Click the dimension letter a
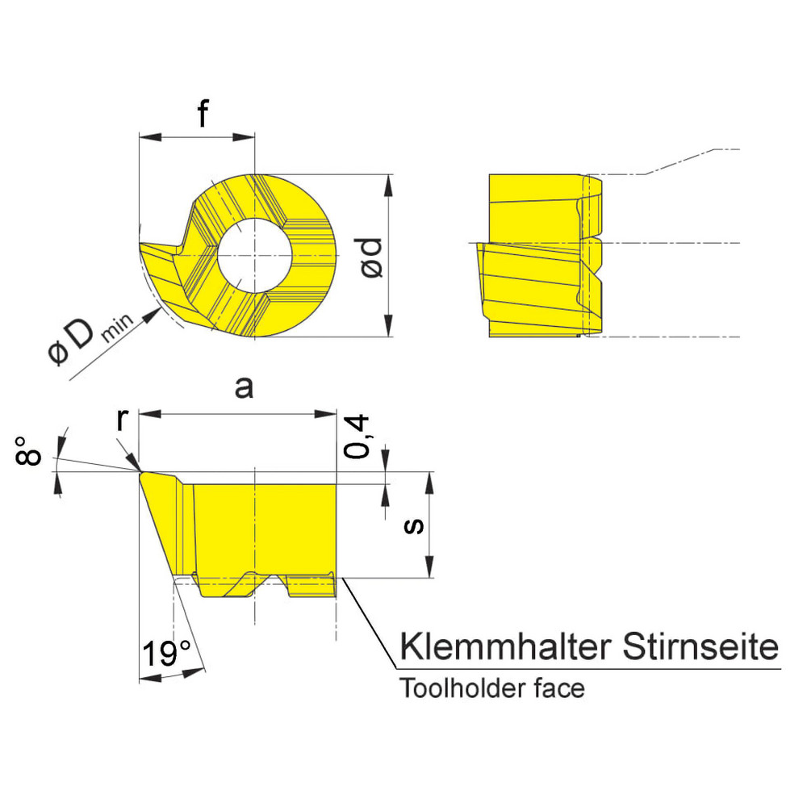[x=243, y=388]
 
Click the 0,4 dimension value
[x=358, y=437]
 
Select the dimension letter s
[x=414, y=525]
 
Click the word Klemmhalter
[x=504, y=647]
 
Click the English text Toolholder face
[x=492, y=689]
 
